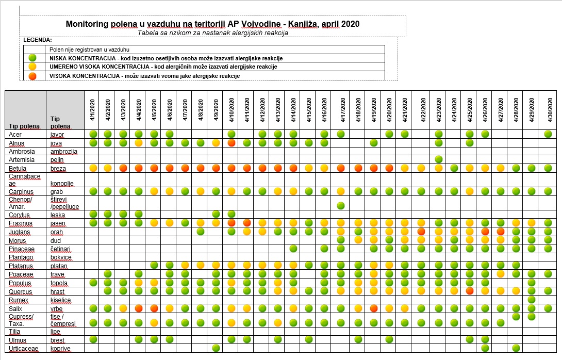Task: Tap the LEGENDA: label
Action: (x=38, y=40)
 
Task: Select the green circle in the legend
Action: (x=32, y=58)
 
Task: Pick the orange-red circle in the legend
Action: (x=32, y=76)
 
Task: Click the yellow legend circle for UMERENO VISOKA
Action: (x=32, y=67)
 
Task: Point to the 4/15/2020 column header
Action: (x=309, y=110)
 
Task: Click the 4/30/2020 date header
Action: (x=550, y=110)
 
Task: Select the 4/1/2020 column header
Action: (x=92, y=110)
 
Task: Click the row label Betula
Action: (x=18, y=169)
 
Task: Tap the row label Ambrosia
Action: (x=22, y=151)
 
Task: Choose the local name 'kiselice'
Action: (x=60, y=300)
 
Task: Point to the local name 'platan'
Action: (x=59, y=266)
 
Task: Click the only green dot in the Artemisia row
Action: (x=438, y=159)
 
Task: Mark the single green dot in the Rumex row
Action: (x=532, y=300)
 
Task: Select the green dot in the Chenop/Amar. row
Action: (x=341, y=205)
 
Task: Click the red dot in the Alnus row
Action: (x=231, y=143)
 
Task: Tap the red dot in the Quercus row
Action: (x=470, y=291)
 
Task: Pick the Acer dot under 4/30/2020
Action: (x=548, y=134)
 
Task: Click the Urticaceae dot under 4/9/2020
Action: (x=216, y=348)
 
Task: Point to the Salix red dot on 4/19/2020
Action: (x=373, y=308)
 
